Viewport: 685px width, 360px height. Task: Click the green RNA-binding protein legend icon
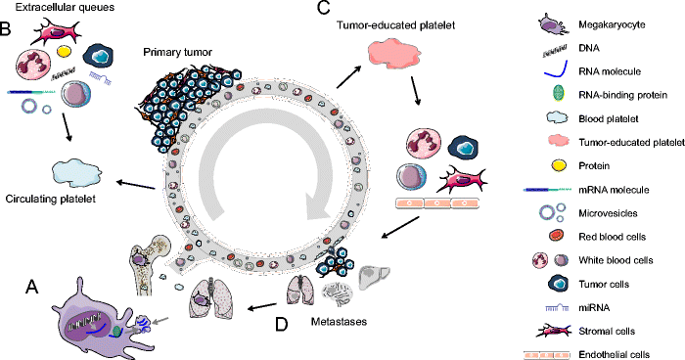[554, 94]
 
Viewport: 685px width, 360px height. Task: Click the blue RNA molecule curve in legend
[554, 70]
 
